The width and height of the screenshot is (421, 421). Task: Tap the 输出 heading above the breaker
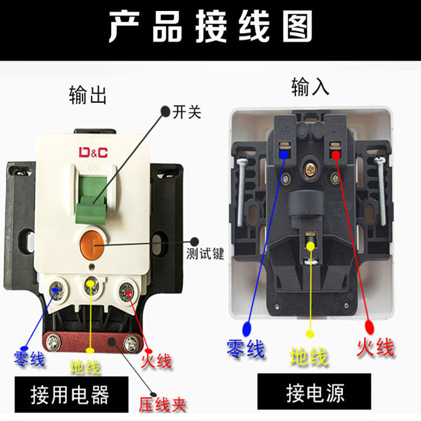coord(87,95)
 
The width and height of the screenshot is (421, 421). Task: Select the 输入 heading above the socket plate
coord(310,87)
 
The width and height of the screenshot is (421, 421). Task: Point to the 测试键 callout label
coord(205,255)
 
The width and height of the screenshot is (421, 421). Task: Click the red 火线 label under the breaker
coord(156,361)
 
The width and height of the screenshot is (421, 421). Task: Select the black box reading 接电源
coord(314,393)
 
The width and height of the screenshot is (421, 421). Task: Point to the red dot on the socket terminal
coord(335,154)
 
